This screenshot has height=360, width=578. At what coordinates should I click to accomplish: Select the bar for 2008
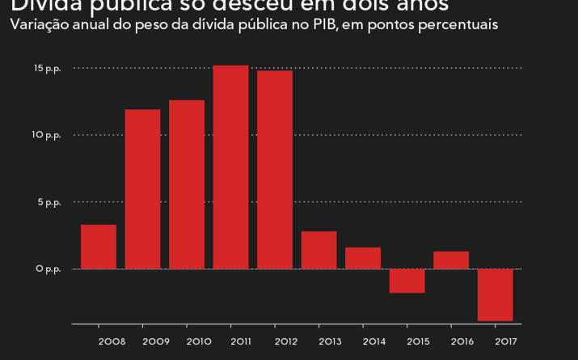tap(99, 247)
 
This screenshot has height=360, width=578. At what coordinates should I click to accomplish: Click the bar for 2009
tap(142, 189)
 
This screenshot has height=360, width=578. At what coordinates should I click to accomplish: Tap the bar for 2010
tap(187, 184)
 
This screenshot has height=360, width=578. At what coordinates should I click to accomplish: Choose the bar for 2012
tap(275, 170)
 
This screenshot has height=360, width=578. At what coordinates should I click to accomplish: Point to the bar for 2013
tap(319, 250)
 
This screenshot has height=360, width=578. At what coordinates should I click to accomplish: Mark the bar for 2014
tap(363, 258)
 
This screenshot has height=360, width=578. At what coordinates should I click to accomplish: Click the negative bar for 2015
tap(407, 281)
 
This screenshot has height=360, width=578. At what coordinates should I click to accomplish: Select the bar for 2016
tap(451, 260)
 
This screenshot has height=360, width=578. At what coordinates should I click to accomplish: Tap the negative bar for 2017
tap(495, 294)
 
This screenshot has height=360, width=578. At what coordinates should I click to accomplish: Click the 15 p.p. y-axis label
tap(48, 68)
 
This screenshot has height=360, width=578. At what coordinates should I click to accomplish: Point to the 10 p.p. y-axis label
tap(48, 134)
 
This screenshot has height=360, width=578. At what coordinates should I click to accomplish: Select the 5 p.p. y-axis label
tap(49, 201)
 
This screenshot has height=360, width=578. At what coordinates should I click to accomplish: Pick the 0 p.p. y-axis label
tap(49, 269)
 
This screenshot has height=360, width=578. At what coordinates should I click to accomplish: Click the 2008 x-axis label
tap(112, 341)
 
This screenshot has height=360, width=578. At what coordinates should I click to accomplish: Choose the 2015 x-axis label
tap(418, 341)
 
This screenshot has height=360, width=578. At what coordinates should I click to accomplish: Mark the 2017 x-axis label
tap(506, 341)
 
